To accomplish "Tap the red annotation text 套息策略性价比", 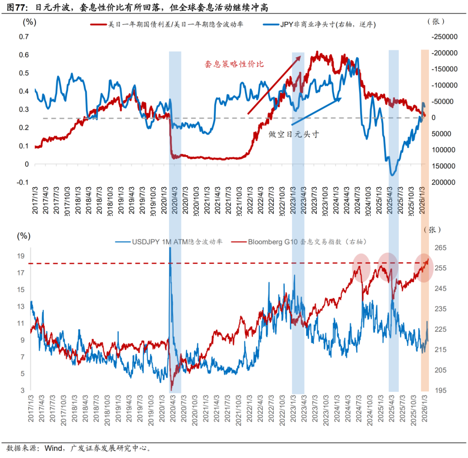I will click(x=234, y=64).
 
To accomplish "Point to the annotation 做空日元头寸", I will click(x=294, y=134).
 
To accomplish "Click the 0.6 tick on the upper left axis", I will click(x=24, y=55).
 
